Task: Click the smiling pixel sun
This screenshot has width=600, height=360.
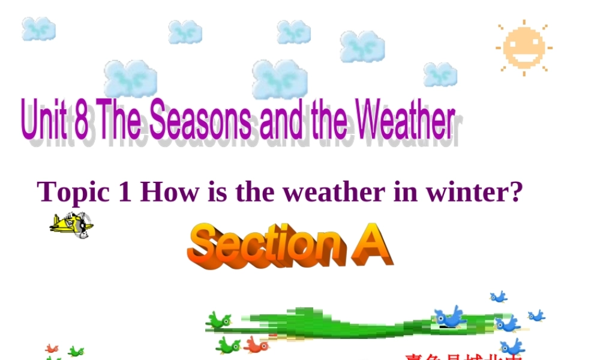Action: [523, 47]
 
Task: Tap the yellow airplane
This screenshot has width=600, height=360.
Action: [71, 225]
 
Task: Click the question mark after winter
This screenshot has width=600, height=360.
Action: [517, 192]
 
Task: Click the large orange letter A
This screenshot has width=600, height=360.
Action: [372, 244]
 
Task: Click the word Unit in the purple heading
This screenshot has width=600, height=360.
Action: [46, 121]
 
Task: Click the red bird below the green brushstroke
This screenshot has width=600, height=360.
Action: [257, 345]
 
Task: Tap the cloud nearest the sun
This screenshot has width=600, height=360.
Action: [440, 74]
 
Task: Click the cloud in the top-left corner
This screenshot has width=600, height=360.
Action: [39, 29]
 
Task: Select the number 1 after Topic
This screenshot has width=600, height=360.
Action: [124, 192]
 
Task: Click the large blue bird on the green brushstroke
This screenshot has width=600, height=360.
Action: [451, 317]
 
